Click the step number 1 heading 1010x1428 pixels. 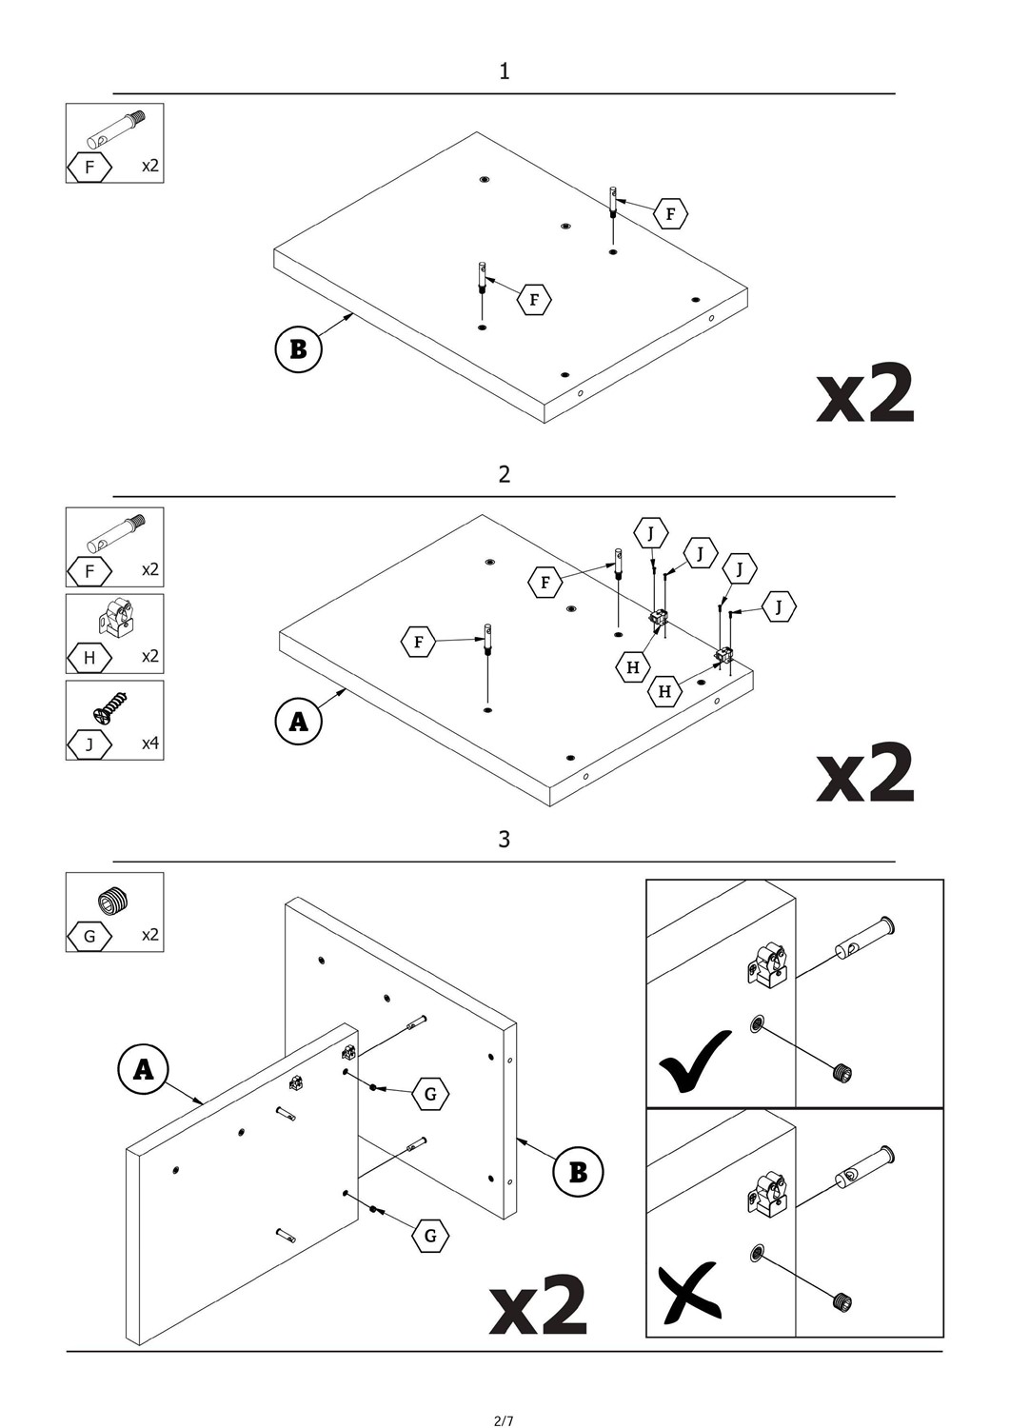[505, 71]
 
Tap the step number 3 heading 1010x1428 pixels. [505, 840]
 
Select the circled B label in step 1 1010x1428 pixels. [298, 349]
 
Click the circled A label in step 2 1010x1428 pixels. [298, 722]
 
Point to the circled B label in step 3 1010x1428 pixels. [578, 1172]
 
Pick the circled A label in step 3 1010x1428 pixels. [143, 1069]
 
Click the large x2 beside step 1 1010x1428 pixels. [865, 393]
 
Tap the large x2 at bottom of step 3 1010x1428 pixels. [539, 1305]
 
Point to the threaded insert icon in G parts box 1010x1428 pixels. [113, 900]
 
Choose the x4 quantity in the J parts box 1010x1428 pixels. [150, 744]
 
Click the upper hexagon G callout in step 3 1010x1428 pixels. [430, 1094]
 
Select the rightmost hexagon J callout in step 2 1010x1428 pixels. [779, 606]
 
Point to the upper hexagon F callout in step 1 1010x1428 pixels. [670, 214]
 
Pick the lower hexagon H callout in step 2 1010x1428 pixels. [664, 691]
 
